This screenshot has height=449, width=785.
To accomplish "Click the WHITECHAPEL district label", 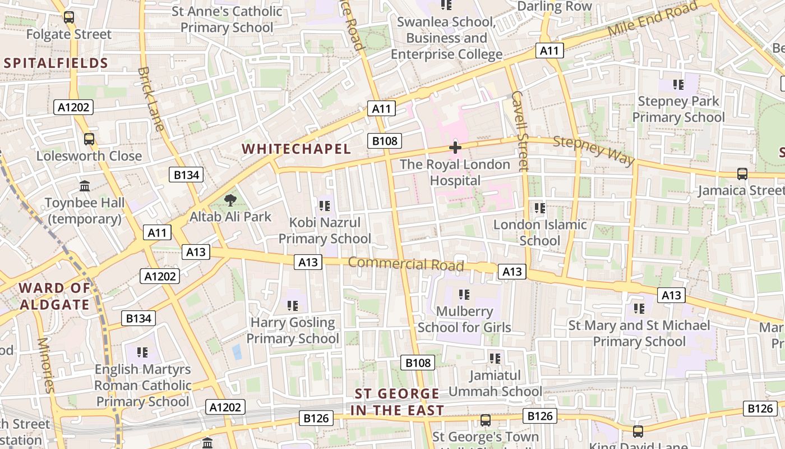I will (296, 149).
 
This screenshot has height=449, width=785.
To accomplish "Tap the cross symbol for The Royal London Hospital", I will (455, 148).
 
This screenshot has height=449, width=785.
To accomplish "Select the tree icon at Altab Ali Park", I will (230, 200).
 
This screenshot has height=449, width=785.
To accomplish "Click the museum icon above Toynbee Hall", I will (85, 186).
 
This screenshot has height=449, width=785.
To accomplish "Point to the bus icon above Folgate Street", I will (69, 17).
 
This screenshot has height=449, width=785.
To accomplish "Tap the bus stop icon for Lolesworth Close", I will (89, 139).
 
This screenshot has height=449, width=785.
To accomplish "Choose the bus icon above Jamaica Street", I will (742, 174).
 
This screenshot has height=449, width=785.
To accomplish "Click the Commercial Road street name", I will (406, 263).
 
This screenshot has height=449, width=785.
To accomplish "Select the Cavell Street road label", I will (520, 130).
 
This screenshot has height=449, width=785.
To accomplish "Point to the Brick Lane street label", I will (151, 99).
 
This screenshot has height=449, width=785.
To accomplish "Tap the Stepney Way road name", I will (594, 150).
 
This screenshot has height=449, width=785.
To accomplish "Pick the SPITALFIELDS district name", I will (56, 63).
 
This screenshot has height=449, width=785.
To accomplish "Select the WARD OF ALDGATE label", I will (54, 296).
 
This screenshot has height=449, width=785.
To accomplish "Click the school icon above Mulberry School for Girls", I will (464, 294).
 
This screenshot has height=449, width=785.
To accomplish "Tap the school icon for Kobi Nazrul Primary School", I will (325, 206).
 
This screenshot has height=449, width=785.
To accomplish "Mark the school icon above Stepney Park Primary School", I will (678, 85).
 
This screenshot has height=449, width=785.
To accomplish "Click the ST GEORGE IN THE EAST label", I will (397, 402).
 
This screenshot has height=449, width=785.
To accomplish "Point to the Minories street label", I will (46, 365).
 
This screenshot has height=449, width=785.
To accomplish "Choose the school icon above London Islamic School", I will (540, 208).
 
